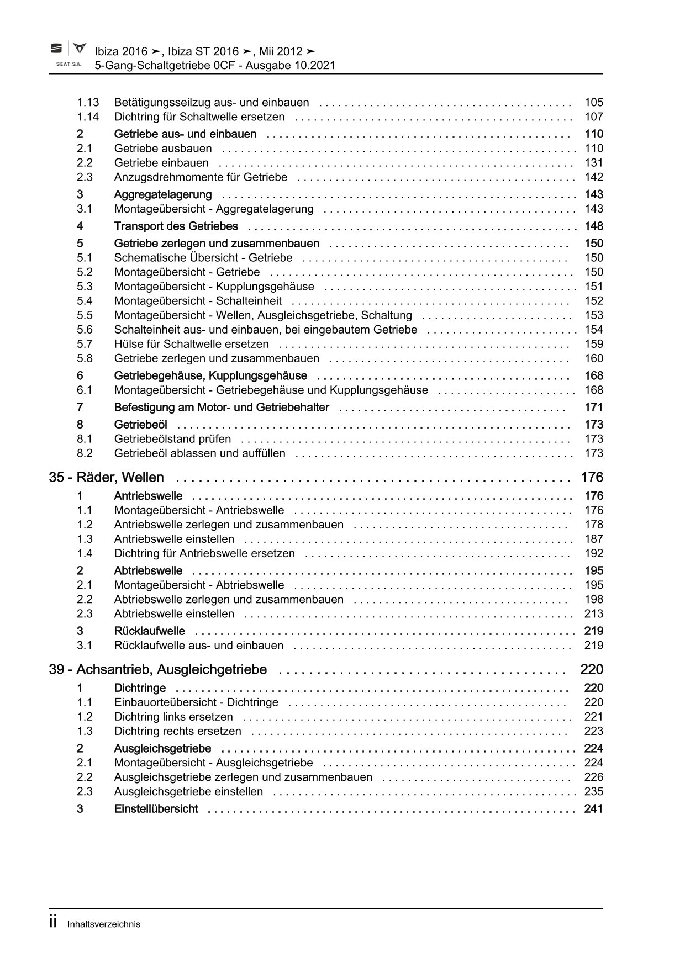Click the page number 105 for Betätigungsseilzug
click(594, 102)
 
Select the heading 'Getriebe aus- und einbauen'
click(185, 134)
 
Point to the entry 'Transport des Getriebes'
click(176, 226)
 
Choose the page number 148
click(594, 226)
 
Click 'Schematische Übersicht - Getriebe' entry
click(203, 258)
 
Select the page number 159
click(594, 344)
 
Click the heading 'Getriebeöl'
click(140, 425)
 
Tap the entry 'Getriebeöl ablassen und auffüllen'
click(199, 453)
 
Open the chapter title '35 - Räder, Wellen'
click(106, 477)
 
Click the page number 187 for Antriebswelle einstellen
click(594, 539)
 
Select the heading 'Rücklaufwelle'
click(149, 631)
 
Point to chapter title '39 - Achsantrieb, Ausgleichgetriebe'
click(158, 669)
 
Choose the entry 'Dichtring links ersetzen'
click(173, 717)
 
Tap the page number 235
click(594, 791)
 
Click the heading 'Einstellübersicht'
click(156, 809)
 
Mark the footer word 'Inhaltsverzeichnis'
click(104, 924)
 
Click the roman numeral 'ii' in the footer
click(54, 923)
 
